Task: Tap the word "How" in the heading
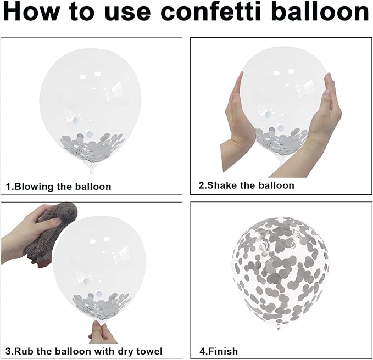31,12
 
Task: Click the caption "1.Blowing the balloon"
59,187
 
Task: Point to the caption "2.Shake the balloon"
247,185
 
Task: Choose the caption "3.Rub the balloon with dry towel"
84,351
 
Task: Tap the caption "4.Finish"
219,351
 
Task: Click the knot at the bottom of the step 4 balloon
278,328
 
